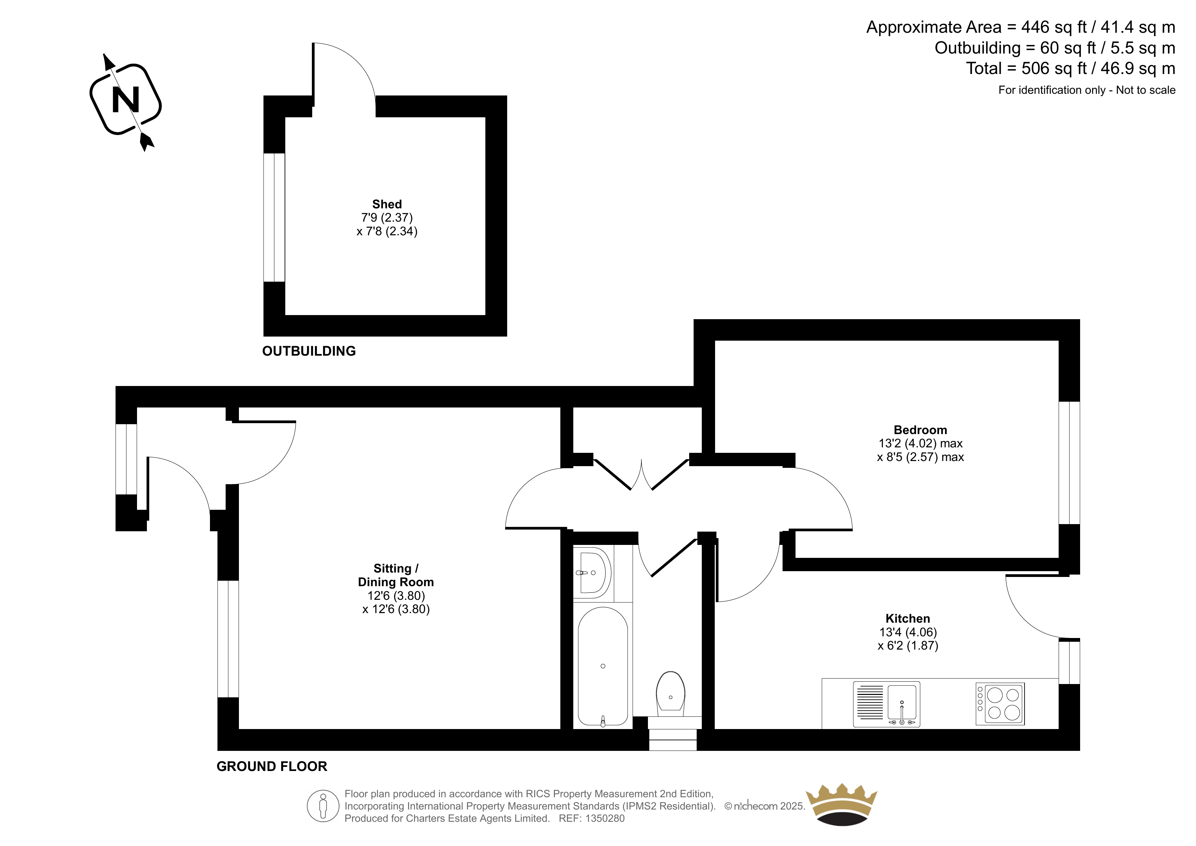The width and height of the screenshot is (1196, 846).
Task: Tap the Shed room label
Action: click(x=387, y=204)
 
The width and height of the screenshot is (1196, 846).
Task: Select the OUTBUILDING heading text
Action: click(x=309, y=351)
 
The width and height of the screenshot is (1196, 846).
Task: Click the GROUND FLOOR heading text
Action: click(x=272, y=766)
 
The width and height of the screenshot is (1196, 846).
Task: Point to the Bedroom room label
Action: click(x=921, y=430)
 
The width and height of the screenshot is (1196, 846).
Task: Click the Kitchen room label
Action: click(x=908, y=619)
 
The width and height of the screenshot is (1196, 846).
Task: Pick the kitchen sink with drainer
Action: click(x=887, y=704)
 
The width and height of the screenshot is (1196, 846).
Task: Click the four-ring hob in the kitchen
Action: click(x=1000, y=704)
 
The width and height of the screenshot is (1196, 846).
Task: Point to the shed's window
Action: click(x=274, y=217)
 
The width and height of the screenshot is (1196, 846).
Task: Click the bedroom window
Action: click(x=1070, y=463)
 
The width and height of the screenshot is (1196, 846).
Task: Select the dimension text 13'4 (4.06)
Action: click(x=908, y=632)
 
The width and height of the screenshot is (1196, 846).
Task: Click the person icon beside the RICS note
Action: click(x=323, y=806)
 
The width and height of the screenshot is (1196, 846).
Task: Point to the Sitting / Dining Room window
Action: click(x=228, y=639)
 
